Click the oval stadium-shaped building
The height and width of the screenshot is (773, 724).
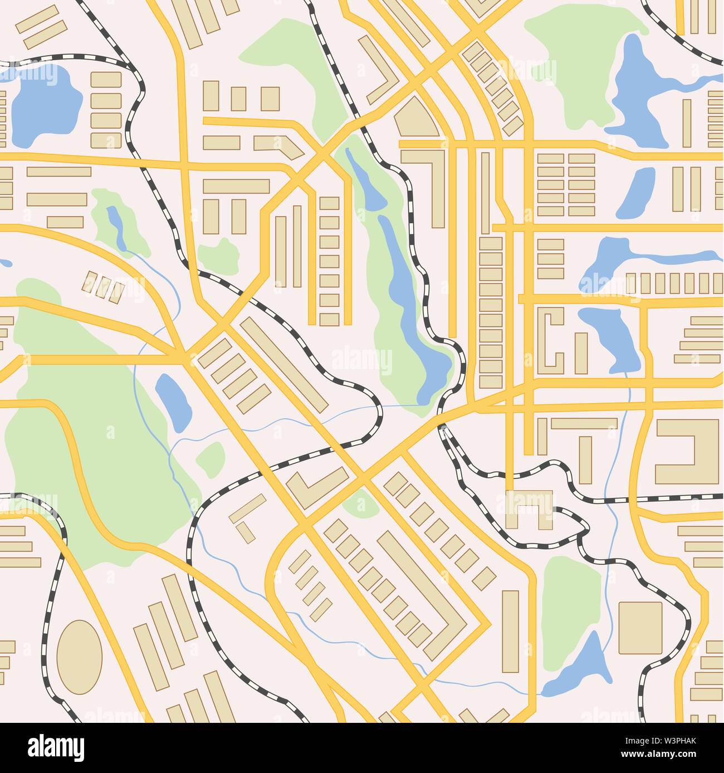tap(80, 657)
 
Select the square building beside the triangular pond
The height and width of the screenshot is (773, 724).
tap(640, 627)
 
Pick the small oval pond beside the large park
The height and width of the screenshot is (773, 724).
tap(173, 401)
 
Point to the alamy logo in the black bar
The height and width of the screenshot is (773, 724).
tap(56, 747)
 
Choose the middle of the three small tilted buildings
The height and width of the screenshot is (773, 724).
tap(102, 286)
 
